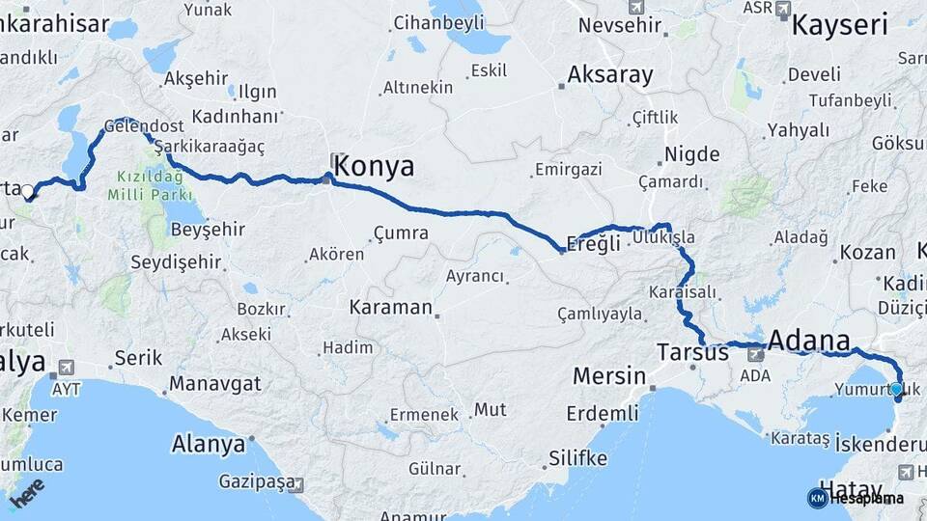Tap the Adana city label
coord(809,341)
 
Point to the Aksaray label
coord(610,74)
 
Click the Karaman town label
coord(390,308)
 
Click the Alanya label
coord(209,445)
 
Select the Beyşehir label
coord(207,230)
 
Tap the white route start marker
coord(27,191)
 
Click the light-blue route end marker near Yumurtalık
coord(896,389)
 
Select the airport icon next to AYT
coord(67,368)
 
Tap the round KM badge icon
coord(817,498)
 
